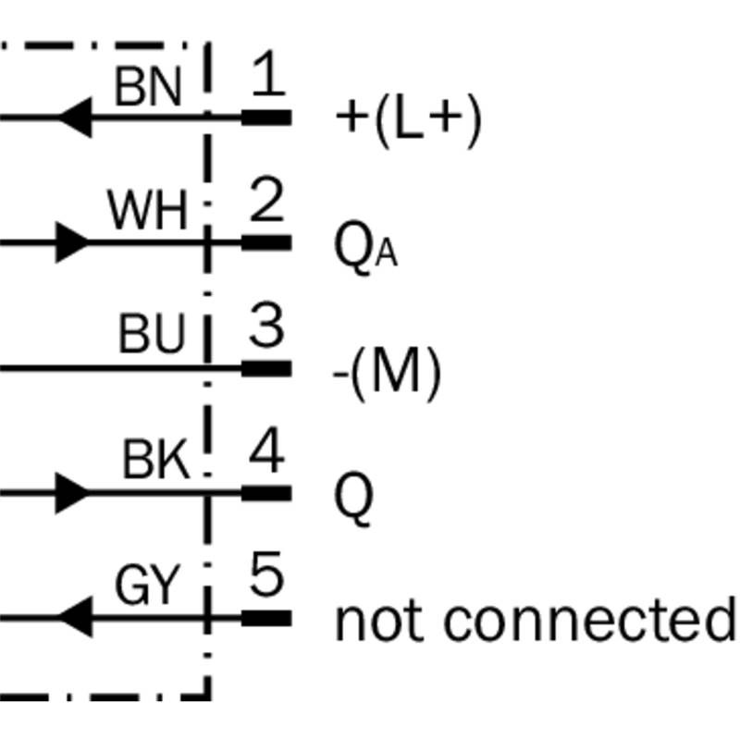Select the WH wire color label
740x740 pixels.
[147, 212]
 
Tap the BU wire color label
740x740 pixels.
[152, 337]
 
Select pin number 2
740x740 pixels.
[266, 203]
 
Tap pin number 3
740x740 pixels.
[266, 327]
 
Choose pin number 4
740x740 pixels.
[266, 453]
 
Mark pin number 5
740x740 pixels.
[266, 579]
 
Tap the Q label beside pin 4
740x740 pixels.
[353, 500]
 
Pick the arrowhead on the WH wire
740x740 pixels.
[72, 243]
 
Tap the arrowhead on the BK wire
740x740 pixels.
[72, 493]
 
